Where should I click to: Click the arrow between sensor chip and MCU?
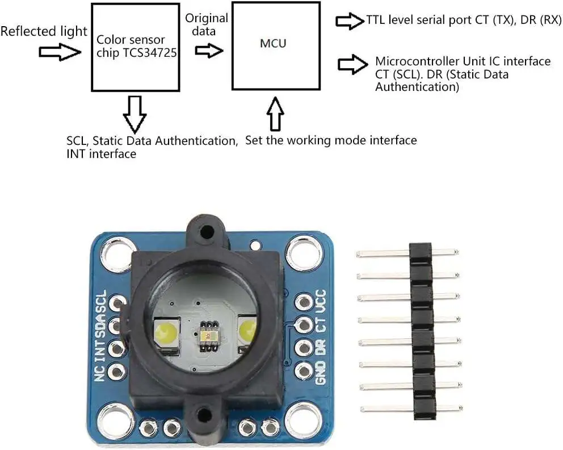[208, 50]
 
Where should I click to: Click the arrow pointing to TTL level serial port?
[349, 22]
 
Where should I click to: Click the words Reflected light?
[44, 31]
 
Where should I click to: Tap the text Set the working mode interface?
[331, 140]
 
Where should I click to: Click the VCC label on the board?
[321, 301]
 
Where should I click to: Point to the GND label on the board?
[321, 373]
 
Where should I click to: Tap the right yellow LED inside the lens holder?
[248, 330]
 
